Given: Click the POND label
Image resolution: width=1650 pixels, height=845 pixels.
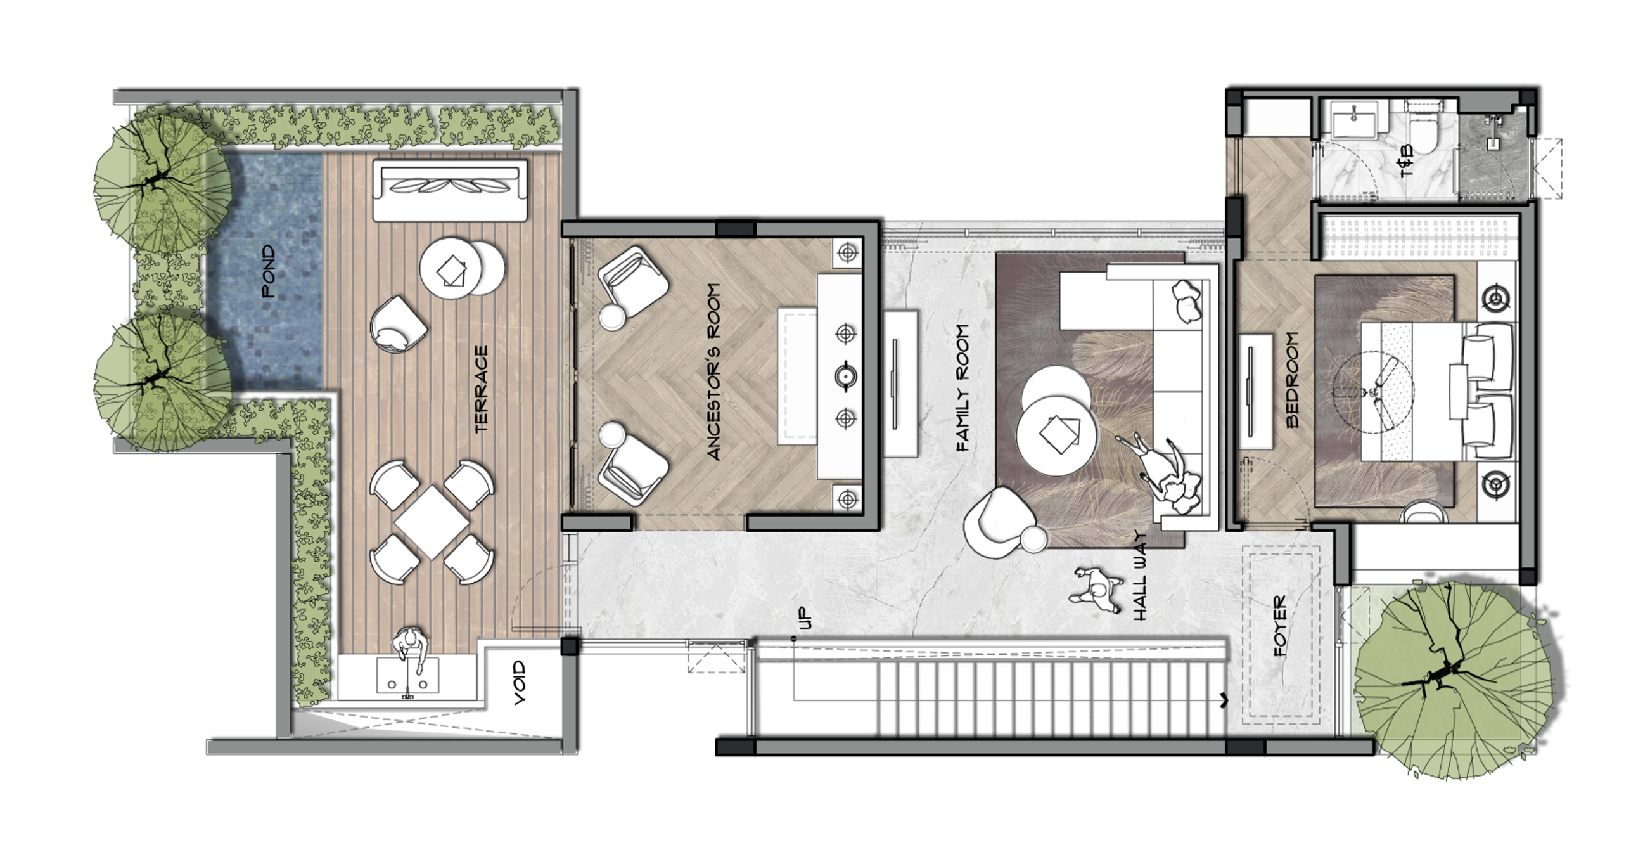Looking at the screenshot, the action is (269, 272).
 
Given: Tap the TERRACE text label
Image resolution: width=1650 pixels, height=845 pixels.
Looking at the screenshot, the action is (482, 389).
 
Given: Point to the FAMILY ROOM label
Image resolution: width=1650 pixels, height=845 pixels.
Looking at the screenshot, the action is (962, 388).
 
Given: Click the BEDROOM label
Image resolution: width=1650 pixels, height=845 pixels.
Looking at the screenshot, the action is (1293, 380).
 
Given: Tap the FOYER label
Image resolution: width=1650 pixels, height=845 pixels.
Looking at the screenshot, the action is (1280, 626).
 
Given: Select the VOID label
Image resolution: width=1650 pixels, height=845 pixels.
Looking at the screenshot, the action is (520, 683).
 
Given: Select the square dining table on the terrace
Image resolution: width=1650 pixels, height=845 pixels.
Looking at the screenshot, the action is (432, 522).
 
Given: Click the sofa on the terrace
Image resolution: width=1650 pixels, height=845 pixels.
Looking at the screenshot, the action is (451, 191).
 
